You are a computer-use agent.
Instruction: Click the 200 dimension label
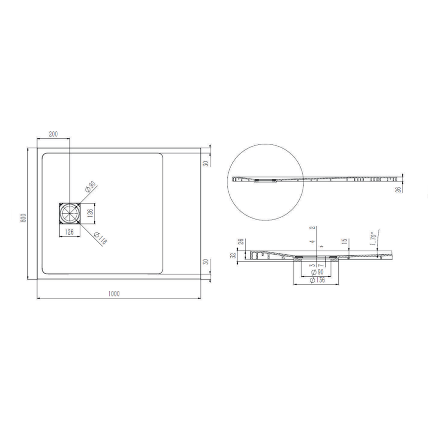[x=53, y=134]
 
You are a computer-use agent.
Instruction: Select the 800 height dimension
[x=23, y=218]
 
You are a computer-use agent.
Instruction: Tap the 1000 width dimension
[x=114, y=293]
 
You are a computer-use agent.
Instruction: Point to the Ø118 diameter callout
[x=100, y=238]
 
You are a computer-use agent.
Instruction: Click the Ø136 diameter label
[x=318, y=280]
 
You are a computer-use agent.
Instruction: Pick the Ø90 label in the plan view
[x=90, y=187]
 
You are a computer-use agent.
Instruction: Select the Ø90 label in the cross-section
[x=317, y=272]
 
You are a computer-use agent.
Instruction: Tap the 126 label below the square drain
[x=69, y=232]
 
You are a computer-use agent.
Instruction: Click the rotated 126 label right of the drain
[x=90, y=214]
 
